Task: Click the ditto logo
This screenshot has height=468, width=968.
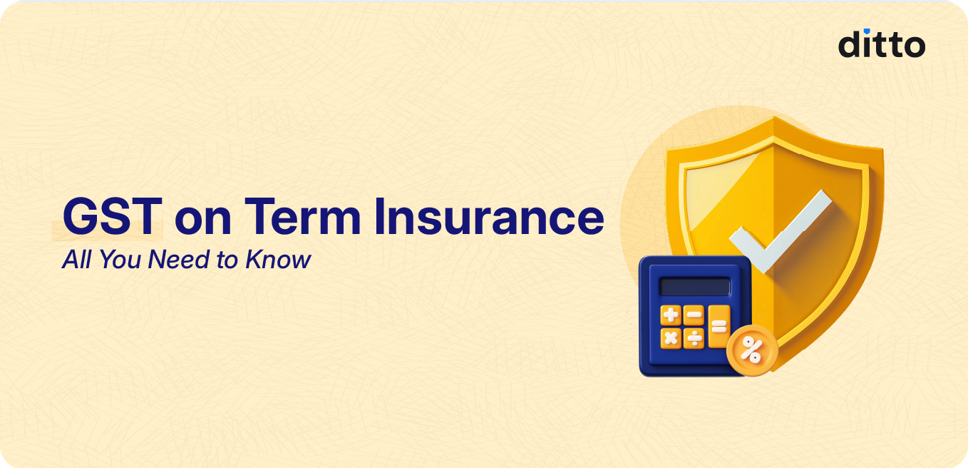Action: [881, 45]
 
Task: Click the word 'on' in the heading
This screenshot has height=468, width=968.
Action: [203, 220]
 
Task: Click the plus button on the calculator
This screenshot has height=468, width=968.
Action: [670, 315]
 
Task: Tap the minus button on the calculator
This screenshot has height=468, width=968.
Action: [694, 315]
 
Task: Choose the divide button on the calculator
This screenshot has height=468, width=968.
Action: [694, 337]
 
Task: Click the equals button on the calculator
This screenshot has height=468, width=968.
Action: [719, 326]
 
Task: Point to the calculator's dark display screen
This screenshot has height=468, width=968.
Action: [694, 286]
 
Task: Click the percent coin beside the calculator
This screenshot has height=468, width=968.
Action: [751, 350]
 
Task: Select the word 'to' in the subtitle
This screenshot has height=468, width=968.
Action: [227, 260]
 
